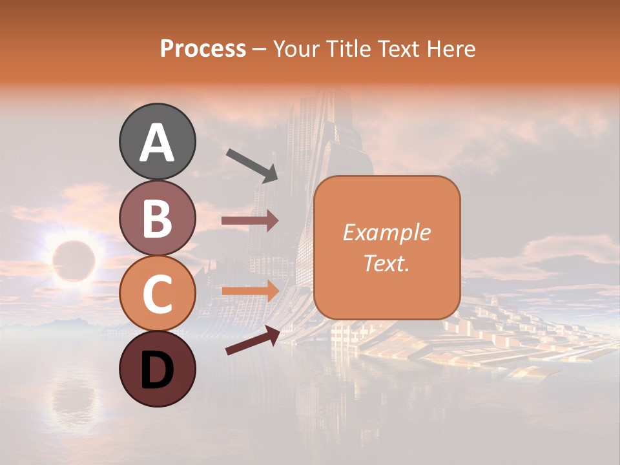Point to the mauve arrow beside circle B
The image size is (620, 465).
(250, 221)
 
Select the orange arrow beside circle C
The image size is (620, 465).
(250, 291)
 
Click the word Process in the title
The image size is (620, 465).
(203, 48)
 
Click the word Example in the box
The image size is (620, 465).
(387, 232)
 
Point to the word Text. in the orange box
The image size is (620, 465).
(387, 263)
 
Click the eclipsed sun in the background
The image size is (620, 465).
(73, 260)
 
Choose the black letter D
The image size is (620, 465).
(157, 370)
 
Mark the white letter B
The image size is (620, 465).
(157, 218)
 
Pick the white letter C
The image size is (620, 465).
(157, 294)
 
